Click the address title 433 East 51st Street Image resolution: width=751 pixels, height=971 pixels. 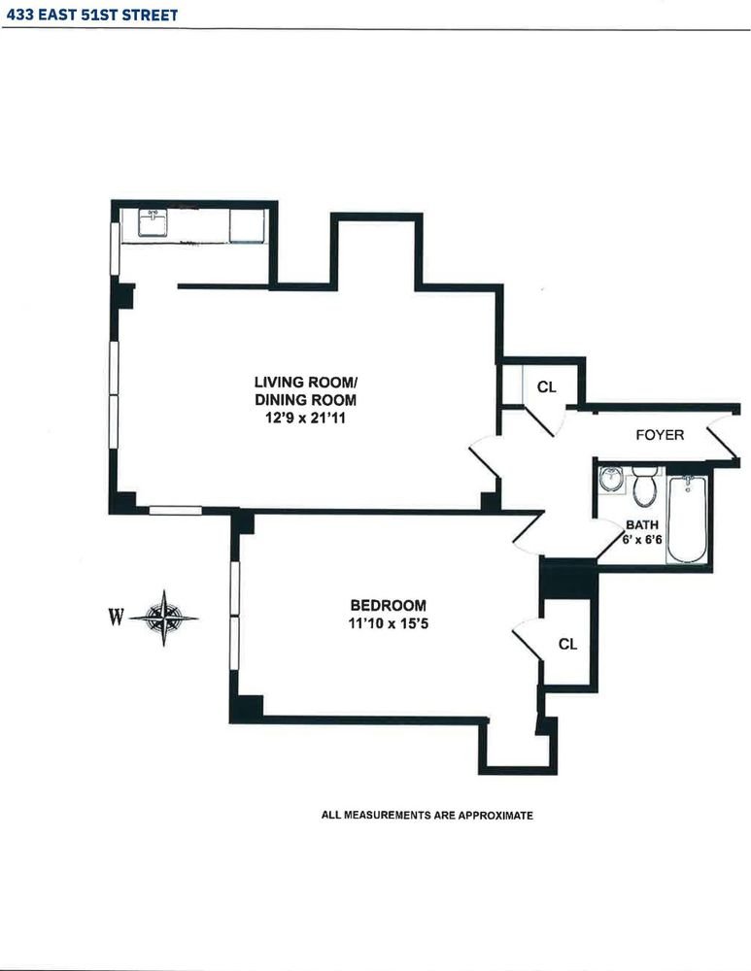(92, 15)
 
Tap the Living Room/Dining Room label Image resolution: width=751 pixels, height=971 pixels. (305, 390)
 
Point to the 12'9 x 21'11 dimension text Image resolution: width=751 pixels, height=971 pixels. (305, 419)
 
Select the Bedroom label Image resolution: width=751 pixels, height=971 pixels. (389, 606)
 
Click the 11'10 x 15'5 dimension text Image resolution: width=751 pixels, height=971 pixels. (389, 624)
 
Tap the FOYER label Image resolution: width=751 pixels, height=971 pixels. (660, 435)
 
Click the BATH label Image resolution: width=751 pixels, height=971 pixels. (642, 525)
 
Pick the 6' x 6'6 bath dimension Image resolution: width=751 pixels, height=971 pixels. (642, 539)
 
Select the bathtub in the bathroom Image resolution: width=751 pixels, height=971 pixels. (687, 519)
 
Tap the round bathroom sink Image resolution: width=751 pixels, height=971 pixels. (611, 480)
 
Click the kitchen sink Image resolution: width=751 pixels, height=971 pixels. (153, 223)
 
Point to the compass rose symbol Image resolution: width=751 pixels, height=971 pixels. (163, 618)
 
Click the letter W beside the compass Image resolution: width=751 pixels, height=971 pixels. (116, 618)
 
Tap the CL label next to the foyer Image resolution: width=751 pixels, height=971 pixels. (547, 387)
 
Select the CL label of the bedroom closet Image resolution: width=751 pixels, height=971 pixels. (568, 645)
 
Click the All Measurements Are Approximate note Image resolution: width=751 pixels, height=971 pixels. (427, 816)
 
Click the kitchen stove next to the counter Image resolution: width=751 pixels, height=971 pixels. (247, 225)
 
